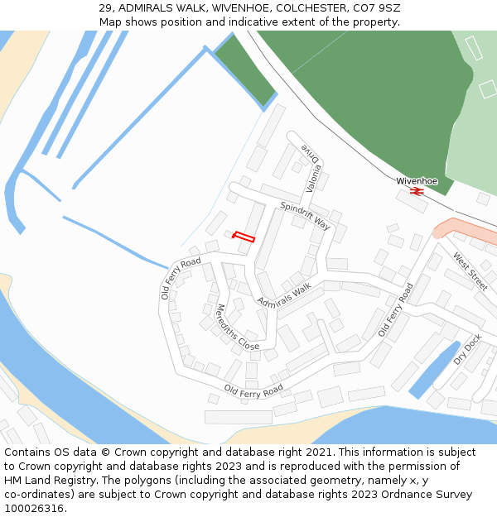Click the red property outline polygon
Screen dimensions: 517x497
point(244,237)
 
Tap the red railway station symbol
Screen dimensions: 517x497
point(417,191)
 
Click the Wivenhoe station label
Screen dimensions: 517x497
point(417,180)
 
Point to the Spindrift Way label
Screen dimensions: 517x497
point(305,216)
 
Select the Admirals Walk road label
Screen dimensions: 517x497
point(283,294)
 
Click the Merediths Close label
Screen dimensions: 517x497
point(236,327)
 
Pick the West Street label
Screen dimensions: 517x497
point(470,272)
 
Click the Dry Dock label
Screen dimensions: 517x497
point(467,349)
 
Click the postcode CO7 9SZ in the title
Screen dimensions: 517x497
point(376,8)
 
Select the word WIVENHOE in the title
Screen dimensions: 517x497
point(228,8)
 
